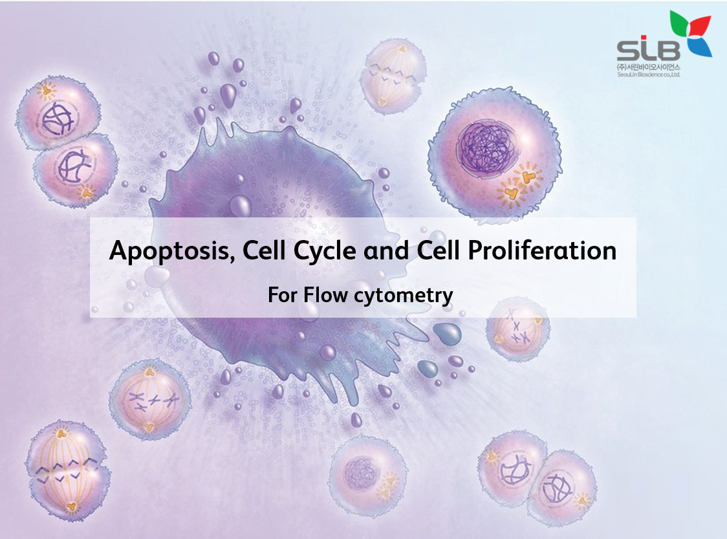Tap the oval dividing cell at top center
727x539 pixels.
[393, 76]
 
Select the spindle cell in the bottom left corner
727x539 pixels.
[65, 465]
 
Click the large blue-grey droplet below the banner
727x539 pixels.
[447, 333]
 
